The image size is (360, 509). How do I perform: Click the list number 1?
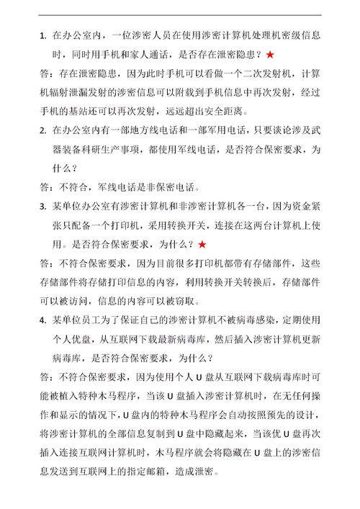pyautogui.click(x=42, y=35)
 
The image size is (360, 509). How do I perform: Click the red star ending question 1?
pyautogui.click(x=269, y=54)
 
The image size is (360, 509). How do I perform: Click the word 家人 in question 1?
pyautogui.click(x=155, y=54)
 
